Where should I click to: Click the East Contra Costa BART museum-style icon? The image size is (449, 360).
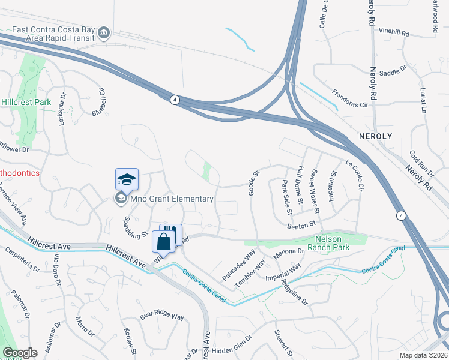(x=104, y=31)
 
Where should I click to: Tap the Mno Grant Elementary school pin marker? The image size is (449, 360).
(x=127, y=179)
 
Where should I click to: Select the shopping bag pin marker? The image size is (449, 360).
(x=163, y=242)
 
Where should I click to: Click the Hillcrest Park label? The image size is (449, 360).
(x=25, y=102)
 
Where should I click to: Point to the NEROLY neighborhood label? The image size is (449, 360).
(x=375, y=136)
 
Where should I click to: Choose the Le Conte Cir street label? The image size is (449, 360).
(x=354, y=175)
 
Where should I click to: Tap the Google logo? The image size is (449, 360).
(x=20, y=353)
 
